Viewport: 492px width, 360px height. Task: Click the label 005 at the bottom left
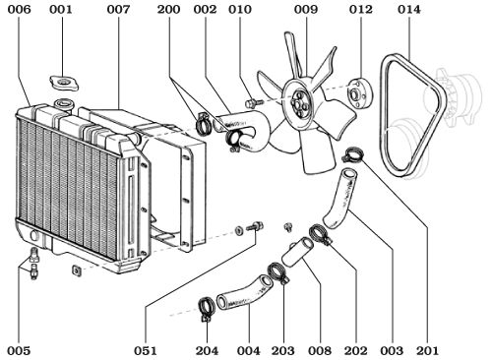point(19,349)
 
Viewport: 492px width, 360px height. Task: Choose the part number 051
point(146,349)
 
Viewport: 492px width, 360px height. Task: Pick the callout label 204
point(207,349)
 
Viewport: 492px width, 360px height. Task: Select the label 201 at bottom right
point(427,349)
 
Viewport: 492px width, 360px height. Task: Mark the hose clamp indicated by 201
point(351,154)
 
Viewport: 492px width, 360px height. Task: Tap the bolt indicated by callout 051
point(258,227)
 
